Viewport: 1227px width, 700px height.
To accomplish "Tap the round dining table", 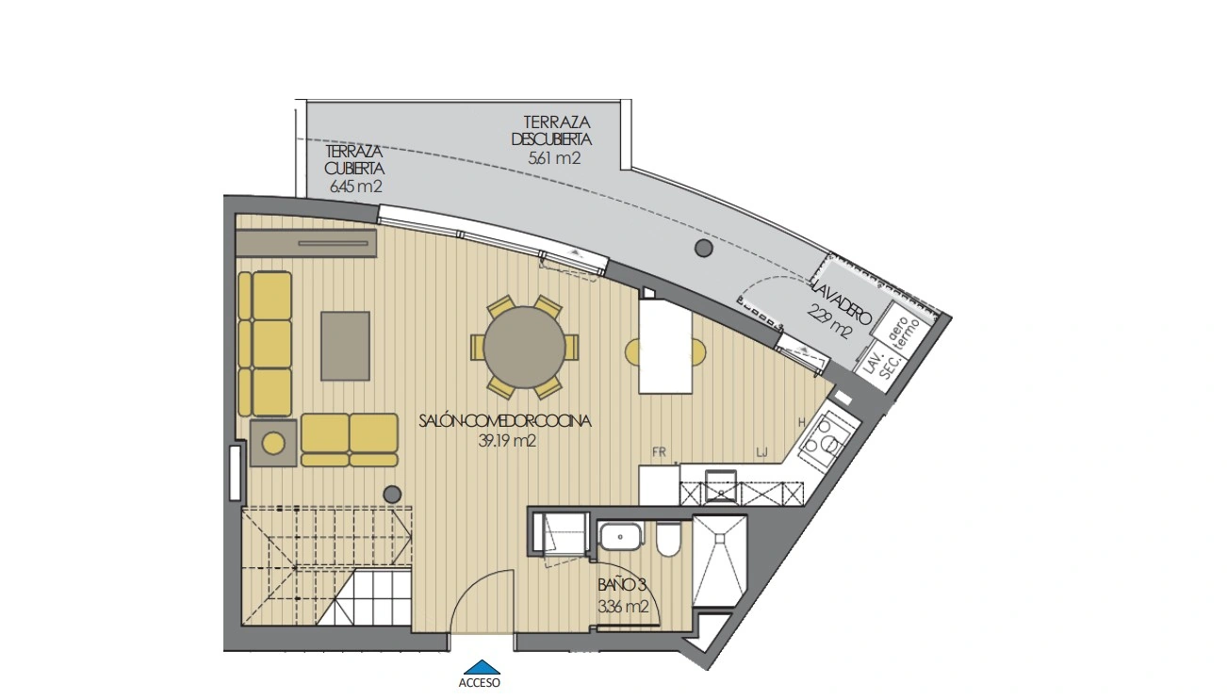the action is coord(524,348).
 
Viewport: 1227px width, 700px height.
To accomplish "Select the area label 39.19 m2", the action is coord(507,441).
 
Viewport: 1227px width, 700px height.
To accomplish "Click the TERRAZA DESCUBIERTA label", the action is coord(551,130).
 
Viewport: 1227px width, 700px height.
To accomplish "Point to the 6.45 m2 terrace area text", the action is coord(355,187).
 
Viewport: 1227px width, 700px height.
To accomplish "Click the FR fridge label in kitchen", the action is coord(659,452).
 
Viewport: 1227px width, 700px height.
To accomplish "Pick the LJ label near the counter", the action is coord(761,452).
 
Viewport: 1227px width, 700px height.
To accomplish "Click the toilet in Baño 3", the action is coord(668,540).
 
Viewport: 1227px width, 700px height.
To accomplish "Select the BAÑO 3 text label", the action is coord(622,585).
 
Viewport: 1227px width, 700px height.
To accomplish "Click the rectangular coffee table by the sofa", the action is coord(345,346).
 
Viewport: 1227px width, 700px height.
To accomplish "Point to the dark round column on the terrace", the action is coord(704,248).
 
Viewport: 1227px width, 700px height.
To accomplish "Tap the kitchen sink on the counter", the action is coord(721,486).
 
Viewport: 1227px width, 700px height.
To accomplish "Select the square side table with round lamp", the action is coord(274,443).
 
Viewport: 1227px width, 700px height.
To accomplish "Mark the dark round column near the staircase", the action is coord(392,495).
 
